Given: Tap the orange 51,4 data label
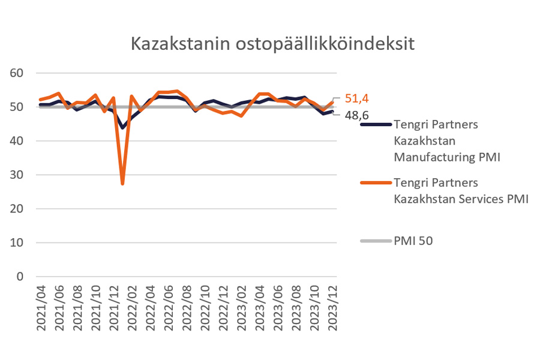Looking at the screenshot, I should (x=356, y=98).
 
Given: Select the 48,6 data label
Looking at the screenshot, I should (x=356, y=115).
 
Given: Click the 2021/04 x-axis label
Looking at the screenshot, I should (x=41, y=306).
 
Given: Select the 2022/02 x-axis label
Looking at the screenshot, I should (x=133, y=306).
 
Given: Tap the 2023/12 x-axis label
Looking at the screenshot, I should (x=334, y=306).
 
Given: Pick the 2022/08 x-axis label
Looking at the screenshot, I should (x=188, y=306).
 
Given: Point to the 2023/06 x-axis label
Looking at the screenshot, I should (x=279, y=306).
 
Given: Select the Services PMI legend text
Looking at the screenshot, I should (x=460, y=191).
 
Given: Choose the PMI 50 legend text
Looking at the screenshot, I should (x=413, y=241).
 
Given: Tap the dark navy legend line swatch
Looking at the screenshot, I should (x=376, y=124).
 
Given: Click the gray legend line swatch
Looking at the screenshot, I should (x=376, y=241).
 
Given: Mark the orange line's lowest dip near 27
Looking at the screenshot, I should (x=123, y=184).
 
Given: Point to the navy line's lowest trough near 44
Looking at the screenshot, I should (x=123, y=128).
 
